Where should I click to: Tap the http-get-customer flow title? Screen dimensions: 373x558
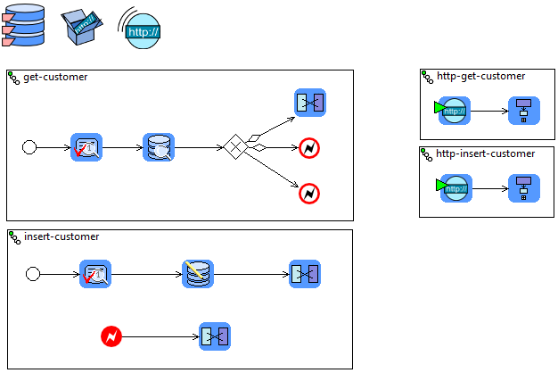point(480,76)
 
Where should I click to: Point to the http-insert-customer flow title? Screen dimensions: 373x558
point(486,153)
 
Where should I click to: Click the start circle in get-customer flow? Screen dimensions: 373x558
point(29,147)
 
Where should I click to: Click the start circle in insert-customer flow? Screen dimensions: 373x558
point(33,274)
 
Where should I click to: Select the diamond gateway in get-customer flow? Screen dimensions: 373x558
point(234,147)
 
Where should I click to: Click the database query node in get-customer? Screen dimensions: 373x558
point(159,147)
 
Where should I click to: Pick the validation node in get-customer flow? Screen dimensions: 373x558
point(86,147)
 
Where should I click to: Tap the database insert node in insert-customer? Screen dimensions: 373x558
point(198,274)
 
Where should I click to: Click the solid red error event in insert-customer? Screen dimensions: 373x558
point(111,336)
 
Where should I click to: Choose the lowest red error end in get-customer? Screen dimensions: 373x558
point(309,193)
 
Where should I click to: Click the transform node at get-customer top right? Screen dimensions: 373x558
point(310,103)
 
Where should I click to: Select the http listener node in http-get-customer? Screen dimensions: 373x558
point(454,111)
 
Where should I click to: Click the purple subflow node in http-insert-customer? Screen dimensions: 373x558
point(523,188)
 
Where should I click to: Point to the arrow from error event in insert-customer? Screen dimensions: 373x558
point(160,336)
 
